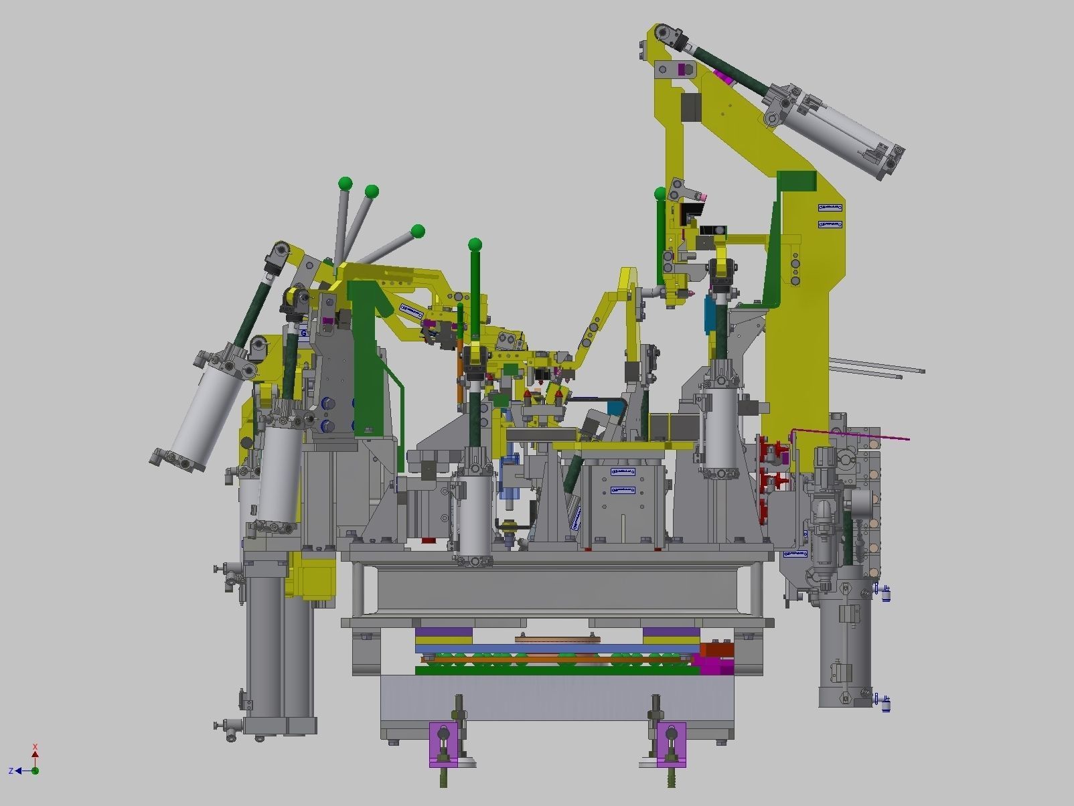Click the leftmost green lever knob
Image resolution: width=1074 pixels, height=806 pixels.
tap(346, 183)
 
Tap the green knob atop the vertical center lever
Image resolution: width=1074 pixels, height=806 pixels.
tap(475, 244)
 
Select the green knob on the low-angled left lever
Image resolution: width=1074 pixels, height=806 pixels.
tap(418, 232)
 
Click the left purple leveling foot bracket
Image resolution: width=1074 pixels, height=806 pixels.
tap(443, 744)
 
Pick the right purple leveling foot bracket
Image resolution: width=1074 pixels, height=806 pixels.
tap(671, 744)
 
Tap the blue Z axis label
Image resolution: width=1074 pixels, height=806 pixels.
tap(11, 771)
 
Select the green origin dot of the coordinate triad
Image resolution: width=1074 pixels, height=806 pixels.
tap(35, 771)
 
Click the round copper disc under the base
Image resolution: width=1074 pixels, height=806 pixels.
tap(556, 639)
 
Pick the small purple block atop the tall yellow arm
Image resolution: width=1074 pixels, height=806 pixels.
tap(684, 70)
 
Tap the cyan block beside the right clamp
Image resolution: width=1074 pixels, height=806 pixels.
tap(709, 315)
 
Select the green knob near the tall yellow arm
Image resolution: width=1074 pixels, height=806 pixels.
tap(660, 193)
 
